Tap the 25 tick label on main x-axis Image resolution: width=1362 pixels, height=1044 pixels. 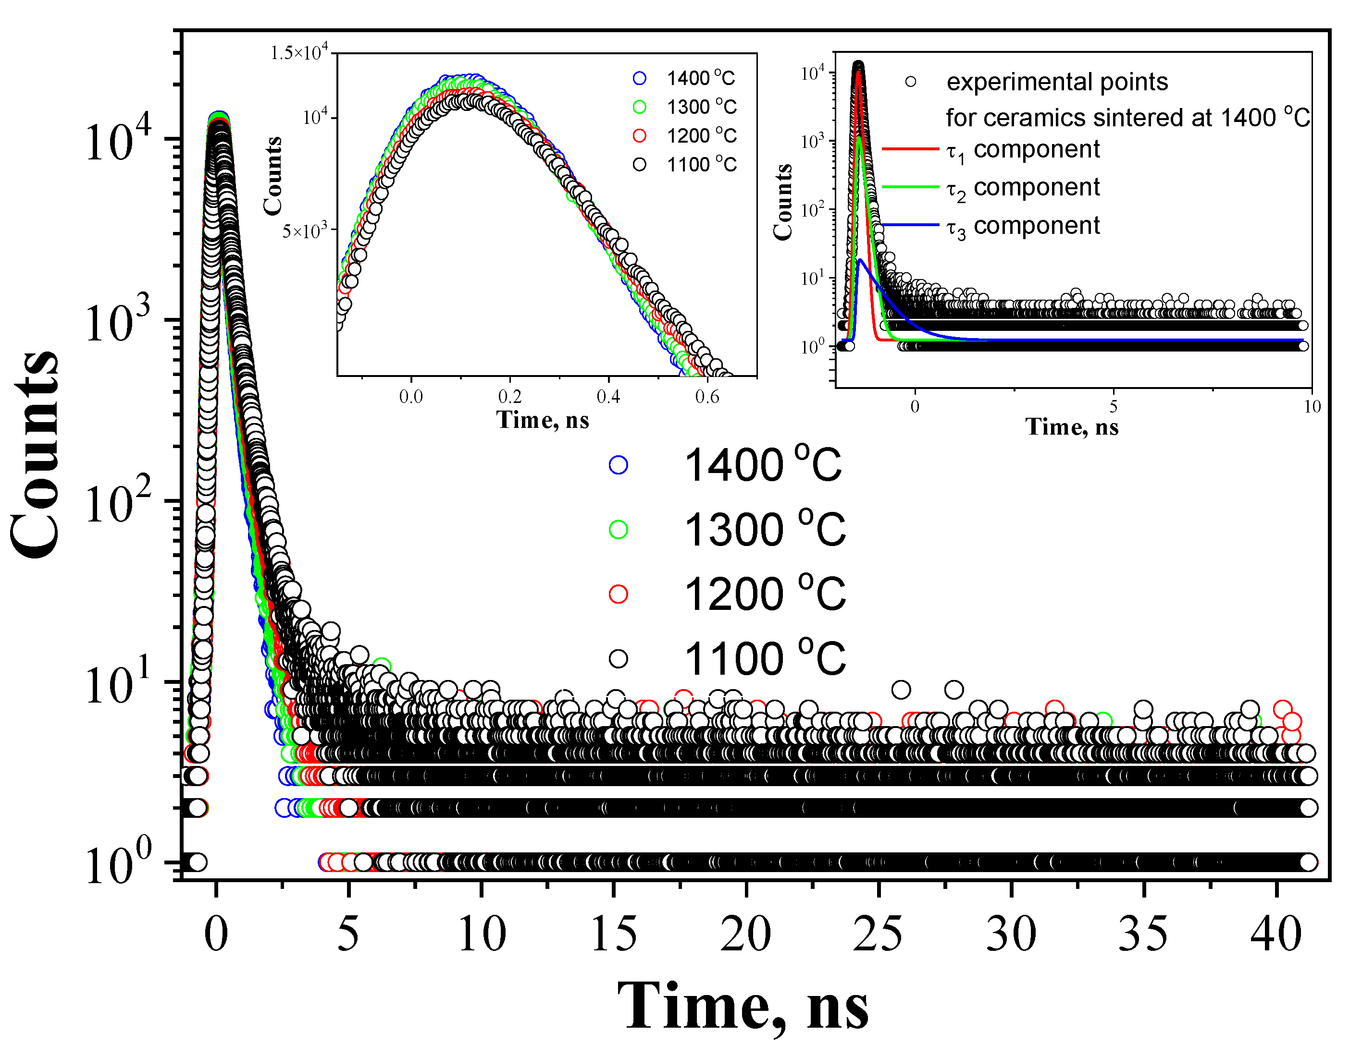[x=878, y=934]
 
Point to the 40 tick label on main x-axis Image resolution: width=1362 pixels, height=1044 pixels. [x=1275, y=934]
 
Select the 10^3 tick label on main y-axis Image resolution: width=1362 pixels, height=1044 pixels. [x=118, y=324]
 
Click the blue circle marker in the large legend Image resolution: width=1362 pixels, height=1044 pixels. [x=618, y=465]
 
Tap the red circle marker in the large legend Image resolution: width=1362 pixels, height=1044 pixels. [x=618, y=594]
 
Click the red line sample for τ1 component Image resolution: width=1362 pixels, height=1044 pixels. [x=910, y=149]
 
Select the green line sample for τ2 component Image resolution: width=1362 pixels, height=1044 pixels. [x=910, y=186]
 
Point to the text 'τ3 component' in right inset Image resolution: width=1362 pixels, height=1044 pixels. [x=1023, y=227]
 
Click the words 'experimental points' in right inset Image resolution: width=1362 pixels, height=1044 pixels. [x=1057, y=82]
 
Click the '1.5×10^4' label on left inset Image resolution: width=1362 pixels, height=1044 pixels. [x=299, y=53]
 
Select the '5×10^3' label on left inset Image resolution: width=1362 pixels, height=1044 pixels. [x=304, y=231]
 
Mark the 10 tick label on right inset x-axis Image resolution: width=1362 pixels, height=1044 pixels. [x=1311, y=407]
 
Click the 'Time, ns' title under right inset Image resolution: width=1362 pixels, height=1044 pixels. [x=1072, y=427]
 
